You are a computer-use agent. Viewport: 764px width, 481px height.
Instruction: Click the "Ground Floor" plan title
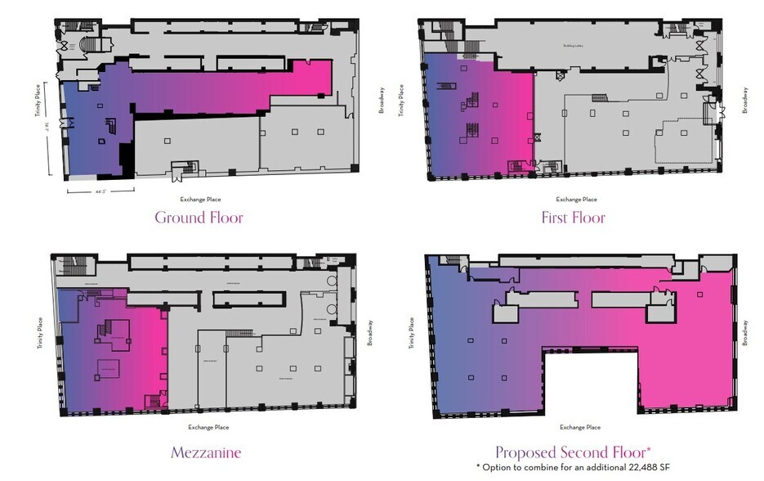(199, 218)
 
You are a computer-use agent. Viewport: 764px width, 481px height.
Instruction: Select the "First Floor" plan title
(573, 218)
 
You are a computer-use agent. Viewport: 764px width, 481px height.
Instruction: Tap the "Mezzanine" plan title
(205, 452)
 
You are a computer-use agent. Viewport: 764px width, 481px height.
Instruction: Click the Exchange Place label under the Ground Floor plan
(200, 199)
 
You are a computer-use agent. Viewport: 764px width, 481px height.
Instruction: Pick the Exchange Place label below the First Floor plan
(576, 199)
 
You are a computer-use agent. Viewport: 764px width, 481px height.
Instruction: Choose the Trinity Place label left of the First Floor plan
(401, 100)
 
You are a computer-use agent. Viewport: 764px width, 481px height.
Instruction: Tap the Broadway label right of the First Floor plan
(745, 100)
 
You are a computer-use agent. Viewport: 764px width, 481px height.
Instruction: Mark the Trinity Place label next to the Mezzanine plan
(39, 335)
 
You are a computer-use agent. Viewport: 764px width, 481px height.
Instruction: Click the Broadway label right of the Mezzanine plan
(369, 332)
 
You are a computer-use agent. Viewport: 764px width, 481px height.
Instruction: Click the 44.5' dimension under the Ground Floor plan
(101, 191)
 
